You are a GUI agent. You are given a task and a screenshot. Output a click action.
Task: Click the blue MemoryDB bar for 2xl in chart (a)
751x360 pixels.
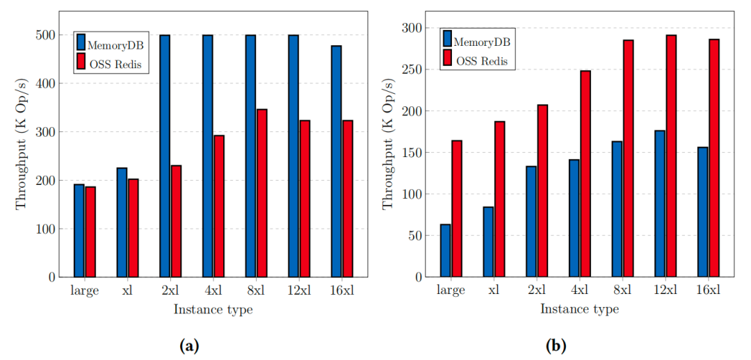[x=165, y=156]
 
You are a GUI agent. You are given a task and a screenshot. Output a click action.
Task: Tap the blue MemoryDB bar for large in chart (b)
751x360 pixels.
[x=445, y=250]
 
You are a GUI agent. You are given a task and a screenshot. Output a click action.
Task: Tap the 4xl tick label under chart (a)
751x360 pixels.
[x=213, y=291]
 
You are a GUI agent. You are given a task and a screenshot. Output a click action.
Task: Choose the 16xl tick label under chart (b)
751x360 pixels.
[x=709, y=291]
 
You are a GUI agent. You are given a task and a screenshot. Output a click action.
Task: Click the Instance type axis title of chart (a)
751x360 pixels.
[x=213, y=310]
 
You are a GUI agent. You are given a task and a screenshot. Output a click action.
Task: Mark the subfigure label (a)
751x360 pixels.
[x=189, y=345]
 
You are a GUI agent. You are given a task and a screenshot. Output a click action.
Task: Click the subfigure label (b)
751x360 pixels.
[x=556, y=345]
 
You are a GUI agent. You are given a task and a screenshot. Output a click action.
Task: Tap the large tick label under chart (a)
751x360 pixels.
[x=84, y=291]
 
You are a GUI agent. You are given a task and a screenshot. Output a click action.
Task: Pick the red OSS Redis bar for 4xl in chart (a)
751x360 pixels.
[x=219, y=206]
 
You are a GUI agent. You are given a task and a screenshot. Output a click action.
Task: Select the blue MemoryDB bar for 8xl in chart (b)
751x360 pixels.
[x=617, y=208]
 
